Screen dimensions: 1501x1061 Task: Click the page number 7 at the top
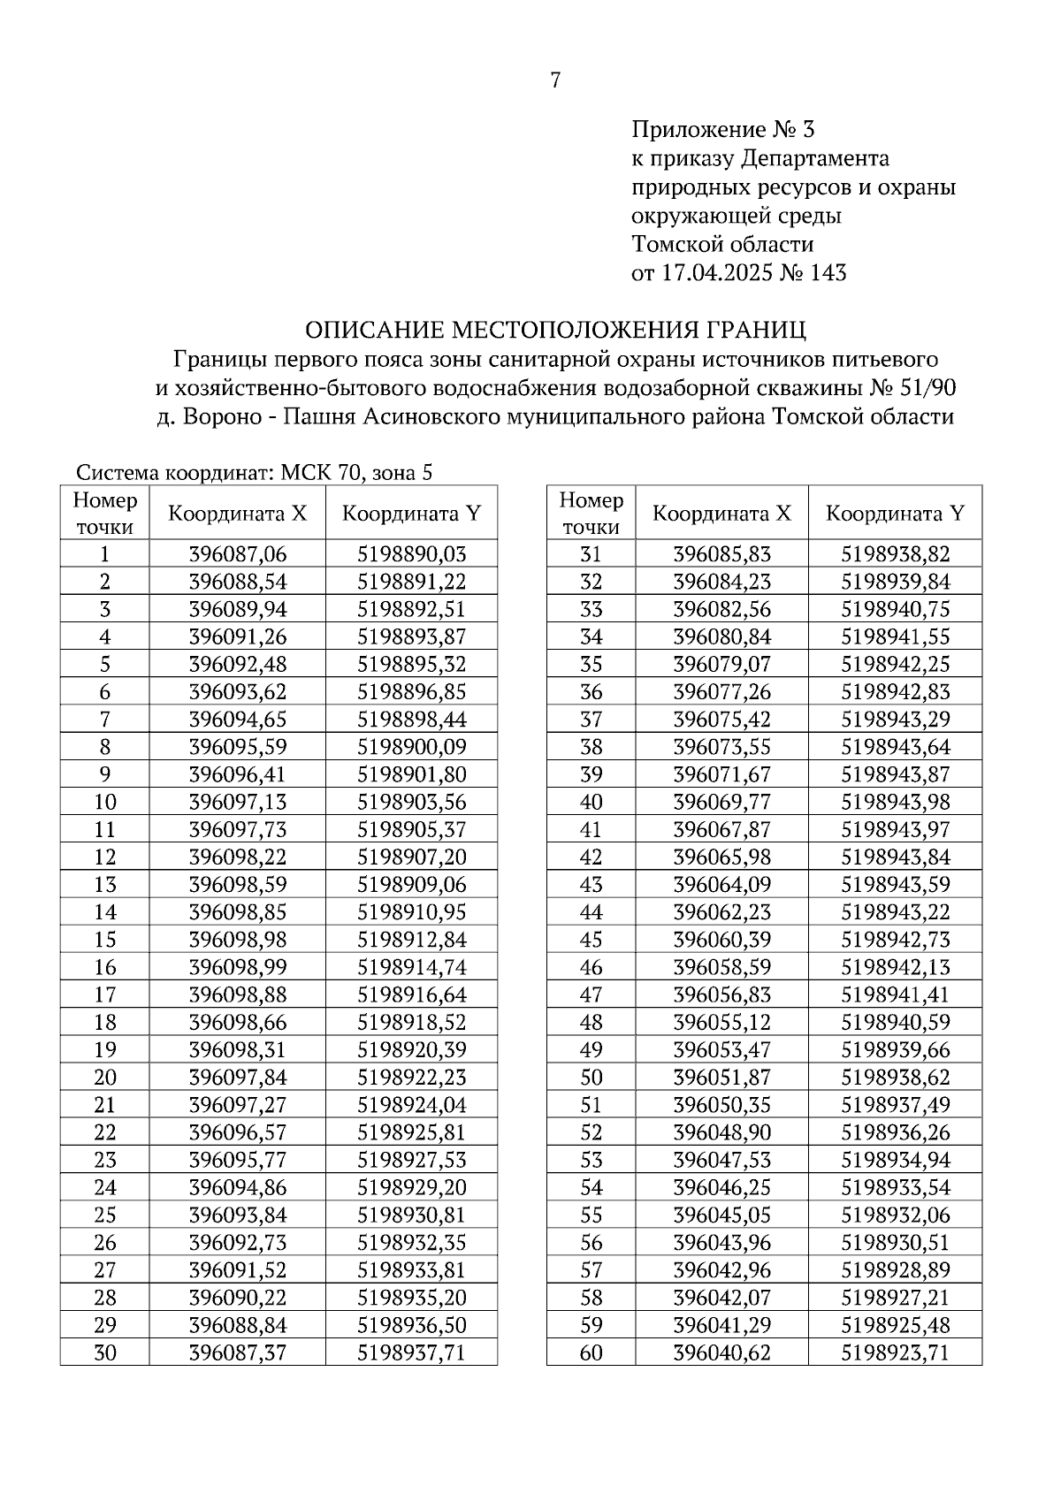tap(555, 80)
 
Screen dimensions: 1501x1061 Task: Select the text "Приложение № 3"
tap(722, 130)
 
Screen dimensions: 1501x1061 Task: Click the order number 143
tap(827, 272)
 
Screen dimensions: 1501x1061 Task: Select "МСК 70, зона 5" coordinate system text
tap(356, 472)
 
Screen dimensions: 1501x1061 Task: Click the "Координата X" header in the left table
tap(238, 513)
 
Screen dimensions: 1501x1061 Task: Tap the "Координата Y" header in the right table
tap(895, 513)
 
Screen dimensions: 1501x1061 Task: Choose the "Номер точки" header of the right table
tap(591, 513)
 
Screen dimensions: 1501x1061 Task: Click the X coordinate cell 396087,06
tap(238, 554)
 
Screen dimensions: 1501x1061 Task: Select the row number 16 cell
tap(104, 967)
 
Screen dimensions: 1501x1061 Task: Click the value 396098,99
tap(238, 967)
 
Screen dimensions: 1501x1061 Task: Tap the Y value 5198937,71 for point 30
tap(411, 1352)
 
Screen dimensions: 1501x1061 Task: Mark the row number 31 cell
tap(591, 554)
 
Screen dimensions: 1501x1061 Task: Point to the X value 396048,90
tap(721, 1132)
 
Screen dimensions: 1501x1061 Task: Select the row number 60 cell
tap(591, 1352)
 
